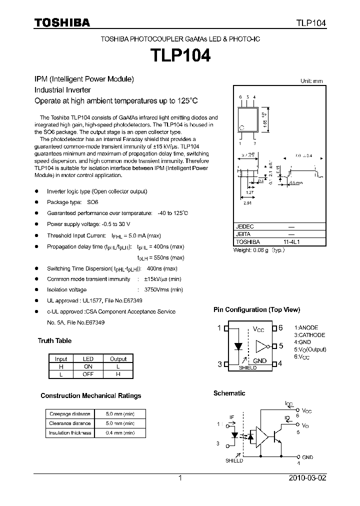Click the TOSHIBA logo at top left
62,22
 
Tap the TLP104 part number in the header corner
311,23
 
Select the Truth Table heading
54,341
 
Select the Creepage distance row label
69,414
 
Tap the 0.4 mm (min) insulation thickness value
120,433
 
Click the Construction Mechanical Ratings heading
90,396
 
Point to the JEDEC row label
244,226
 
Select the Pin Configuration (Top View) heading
256,310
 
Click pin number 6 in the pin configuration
280,328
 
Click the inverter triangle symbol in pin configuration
261,346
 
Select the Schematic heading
229,393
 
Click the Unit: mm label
311,81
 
